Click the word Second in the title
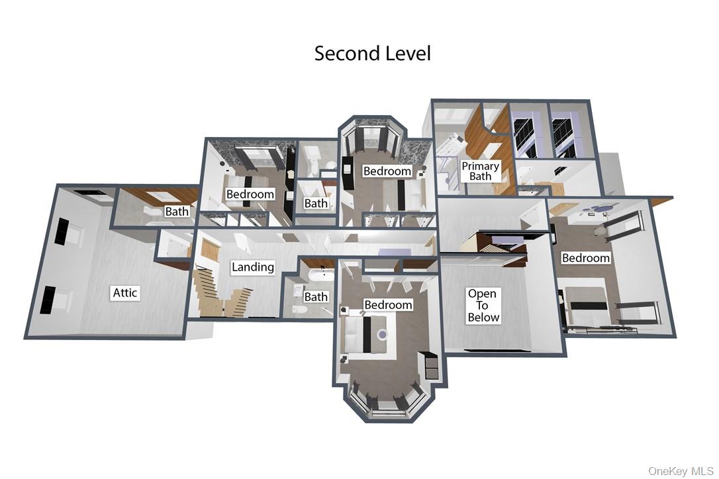[x=344, y=53]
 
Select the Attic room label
[x=124, y=292]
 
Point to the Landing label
[x=253, y=267]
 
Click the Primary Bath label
[x=480, y=171]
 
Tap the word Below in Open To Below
[x=483, y=317]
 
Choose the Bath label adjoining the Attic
[x=177, y=211]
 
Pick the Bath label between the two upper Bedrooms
[x=316, y=203]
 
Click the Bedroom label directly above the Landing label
[x=250, y=194]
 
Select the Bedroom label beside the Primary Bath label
[x=387, y=171]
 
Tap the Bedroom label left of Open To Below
[x=388, y=305]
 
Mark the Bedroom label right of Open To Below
[x=585, y=258]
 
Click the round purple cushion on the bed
[x=381, y=335]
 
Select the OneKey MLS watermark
[x=681, y=471]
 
